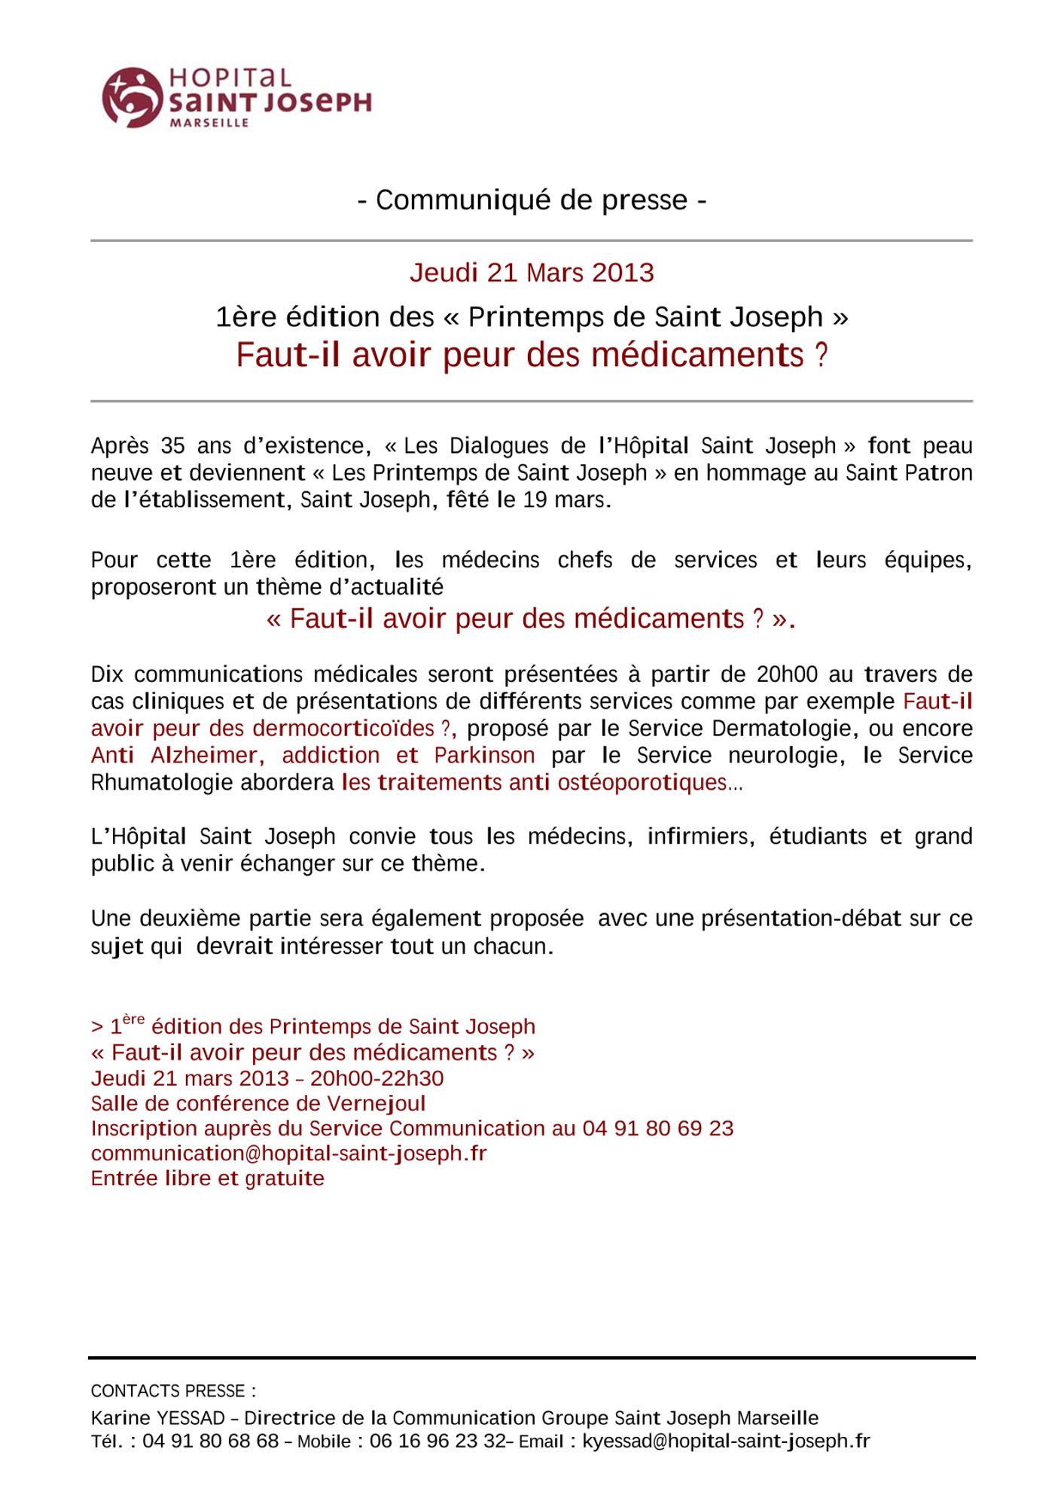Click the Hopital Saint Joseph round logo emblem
coord(132,97)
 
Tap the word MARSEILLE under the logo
coord(209,123)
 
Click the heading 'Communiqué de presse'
coord(532,200)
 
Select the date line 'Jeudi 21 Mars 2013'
coord(532,273)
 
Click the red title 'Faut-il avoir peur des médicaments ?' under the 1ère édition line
coord(532,355)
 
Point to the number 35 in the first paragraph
coord(172,446)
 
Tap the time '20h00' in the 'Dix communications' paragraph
coord(787,674)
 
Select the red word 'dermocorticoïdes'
coord(343,729)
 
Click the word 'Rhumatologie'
coord(162,783)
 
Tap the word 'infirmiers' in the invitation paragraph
coord(700,837)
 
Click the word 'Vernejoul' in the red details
coord(376,1104)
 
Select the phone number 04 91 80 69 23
coord(657,1129)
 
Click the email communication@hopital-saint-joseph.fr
coord(288,1154)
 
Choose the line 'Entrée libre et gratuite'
coord(207,1178)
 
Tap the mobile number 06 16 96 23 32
coord(437,1441)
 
